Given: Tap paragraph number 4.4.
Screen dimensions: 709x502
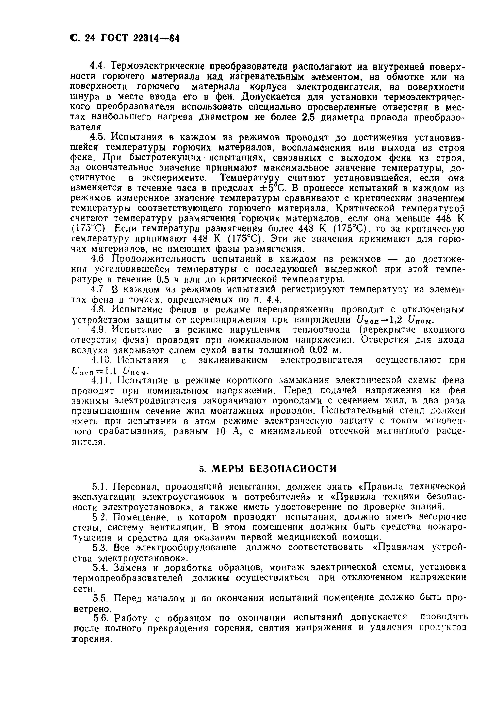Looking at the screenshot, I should tap(98, 66).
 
